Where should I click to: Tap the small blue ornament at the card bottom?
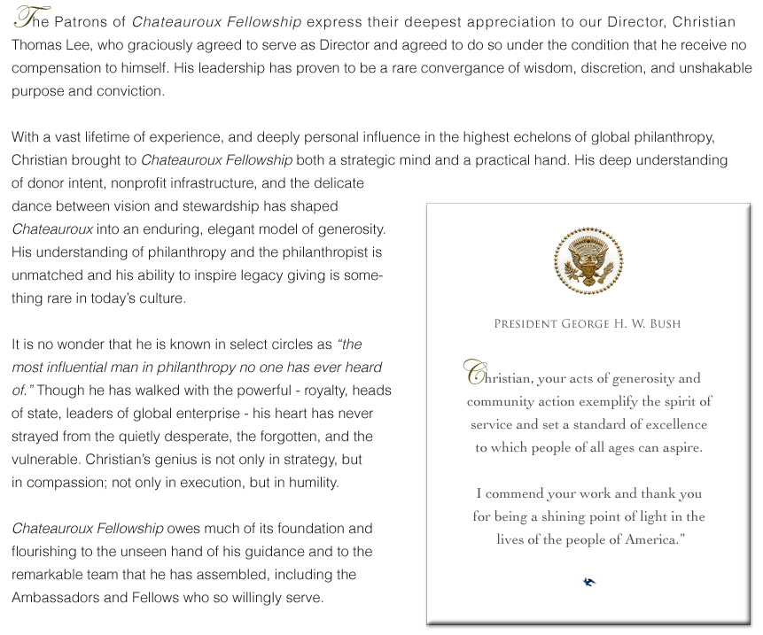point(589,582)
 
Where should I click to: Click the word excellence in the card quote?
point(672,424)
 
